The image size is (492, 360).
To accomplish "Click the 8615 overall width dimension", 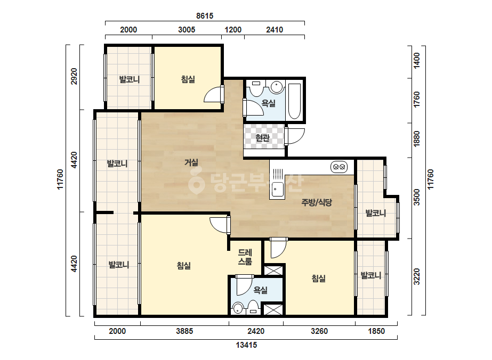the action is click(205, 15).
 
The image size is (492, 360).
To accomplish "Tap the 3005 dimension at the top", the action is click(187, 30).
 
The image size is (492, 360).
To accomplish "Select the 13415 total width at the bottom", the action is click(246, 345).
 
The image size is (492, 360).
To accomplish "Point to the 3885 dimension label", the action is click(184, 331).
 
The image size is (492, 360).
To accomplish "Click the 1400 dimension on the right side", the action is click(417, 60).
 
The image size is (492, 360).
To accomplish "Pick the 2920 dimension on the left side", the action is click(74, 76).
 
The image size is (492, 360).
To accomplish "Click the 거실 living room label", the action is click(191, 162).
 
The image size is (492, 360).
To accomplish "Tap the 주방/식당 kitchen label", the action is click(317, 202).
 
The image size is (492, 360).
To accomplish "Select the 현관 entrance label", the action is click(263, 138).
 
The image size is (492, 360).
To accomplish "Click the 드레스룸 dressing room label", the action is click(245, 257).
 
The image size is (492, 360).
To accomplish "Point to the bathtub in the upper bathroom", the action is click(294, 101).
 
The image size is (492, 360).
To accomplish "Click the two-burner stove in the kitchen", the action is click(339, 167).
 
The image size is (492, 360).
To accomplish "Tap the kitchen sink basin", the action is click(277, 189).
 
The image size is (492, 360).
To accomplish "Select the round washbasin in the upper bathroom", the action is click(277, 87).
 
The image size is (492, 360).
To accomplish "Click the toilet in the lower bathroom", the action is click(253, 307).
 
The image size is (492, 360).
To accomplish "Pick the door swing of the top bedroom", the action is click(213, 94).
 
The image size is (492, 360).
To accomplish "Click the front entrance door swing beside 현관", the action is click(295, 136).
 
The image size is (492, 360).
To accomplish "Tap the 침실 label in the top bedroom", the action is click(188, 79).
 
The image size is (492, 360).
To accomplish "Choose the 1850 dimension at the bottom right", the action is click(376, 331).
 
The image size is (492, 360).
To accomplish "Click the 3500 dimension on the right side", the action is click(417, 197).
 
